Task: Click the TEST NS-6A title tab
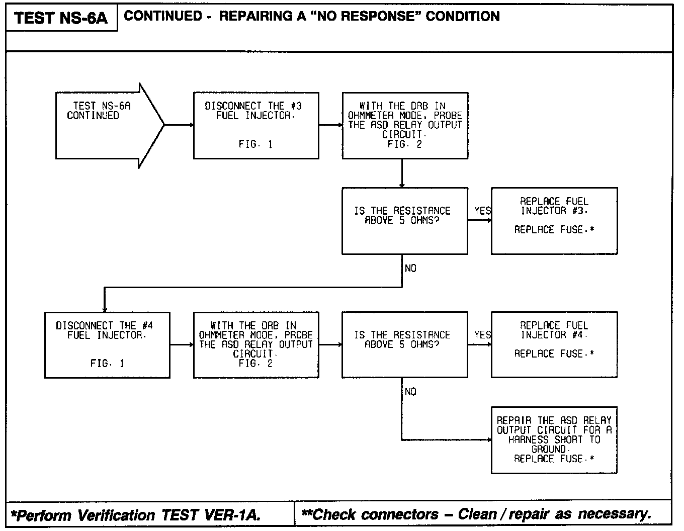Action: tap(61, 19)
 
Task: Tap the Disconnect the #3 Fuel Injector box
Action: tap(256, 125)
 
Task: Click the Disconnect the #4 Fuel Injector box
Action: tap(107, 344)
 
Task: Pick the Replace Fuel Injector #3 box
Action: tap(554, 220)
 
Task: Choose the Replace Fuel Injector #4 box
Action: tap(554, 344)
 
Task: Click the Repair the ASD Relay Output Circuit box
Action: tap(554, 440)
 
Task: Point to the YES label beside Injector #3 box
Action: tap(482, 211)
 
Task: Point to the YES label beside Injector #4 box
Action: tap(482, 335)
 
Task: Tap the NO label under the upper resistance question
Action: tap(410, 269)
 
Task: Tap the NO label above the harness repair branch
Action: tap(410, 392)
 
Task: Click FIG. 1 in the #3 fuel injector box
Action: tap(255, 144)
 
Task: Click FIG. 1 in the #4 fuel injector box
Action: tap(107, 364)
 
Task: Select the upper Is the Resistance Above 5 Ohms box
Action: tap(404, 221)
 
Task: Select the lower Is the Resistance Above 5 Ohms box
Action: tap(404, 344)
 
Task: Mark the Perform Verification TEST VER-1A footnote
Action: tap(136, 515)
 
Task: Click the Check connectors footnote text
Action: tap(476, 514)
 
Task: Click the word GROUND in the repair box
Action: tap(549, 449)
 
